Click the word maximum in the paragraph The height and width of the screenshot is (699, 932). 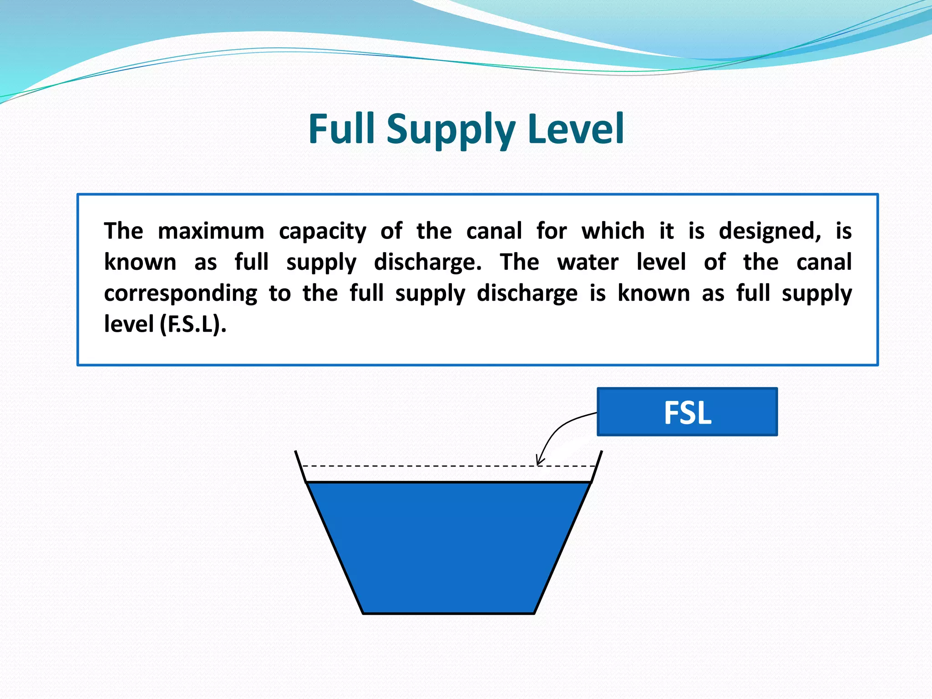click(x=211, y=231)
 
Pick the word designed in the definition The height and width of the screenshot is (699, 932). click(x=770, y=231)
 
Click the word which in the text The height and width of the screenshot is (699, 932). click(x=613, y=231)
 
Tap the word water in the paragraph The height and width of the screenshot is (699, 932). click(x=588, y=263)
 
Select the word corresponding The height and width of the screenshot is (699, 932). click(x=180, y=294)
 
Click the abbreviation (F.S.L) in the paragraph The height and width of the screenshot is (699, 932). click(x=193, y=325)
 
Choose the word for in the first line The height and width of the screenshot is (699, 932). click(x=551, y=231)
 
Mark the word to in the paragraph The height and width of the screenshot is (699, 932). click(x=279, y=294)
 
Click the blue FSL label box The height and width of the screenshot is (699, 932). click(x=687, y=412)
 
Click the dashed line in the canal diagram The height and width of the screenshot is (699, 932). click(x=410, y=466)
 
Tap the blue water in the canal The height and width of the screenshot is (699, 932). click(x=448, y=546)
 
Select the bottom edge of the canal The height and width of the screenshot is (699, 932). click(x=448, y=613)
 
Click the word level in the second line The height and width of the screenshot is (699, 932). click(x=660, y=262)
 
